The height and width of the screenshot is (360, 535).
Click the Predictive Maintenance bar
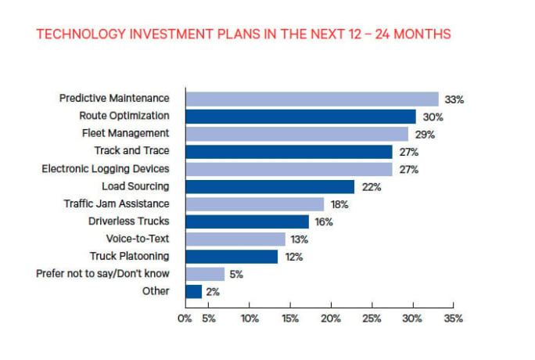pos(311,99)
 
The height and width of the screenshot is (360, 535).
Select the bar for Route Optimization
pos(300,117)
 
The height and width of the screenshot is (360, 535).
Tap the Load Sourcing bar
pos(270,186)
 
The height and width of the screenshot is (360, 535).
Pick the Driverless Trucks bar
pos(247,221)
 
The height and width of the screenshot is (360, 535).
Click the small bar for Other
pos(193,292)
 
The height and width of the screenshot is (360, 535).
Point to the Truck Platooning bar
pos(232,257)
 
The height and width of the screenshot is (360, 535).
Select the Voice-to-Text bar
pos(235,239)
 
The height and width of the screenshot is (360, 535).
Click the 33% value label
pos(454,99)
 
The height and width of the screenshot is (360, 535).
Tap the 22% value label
pos(371,187)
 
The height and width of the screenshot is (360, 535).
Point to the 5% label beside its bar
pos(235,275)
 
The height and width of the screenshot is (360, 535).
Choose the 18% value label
pos(339,204)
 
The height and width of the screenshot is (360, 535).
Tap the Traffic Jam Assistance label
pos(116,203)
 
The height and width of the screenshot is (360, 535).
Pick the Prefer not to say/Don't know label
pos(102,274)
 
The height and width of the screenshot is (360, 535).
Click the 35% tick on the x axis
pos(453,319)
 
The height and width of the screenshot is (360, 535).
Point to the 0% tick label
pos(185,319)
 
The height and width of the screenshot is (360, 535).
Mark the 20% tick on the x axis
pos(330,319)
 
